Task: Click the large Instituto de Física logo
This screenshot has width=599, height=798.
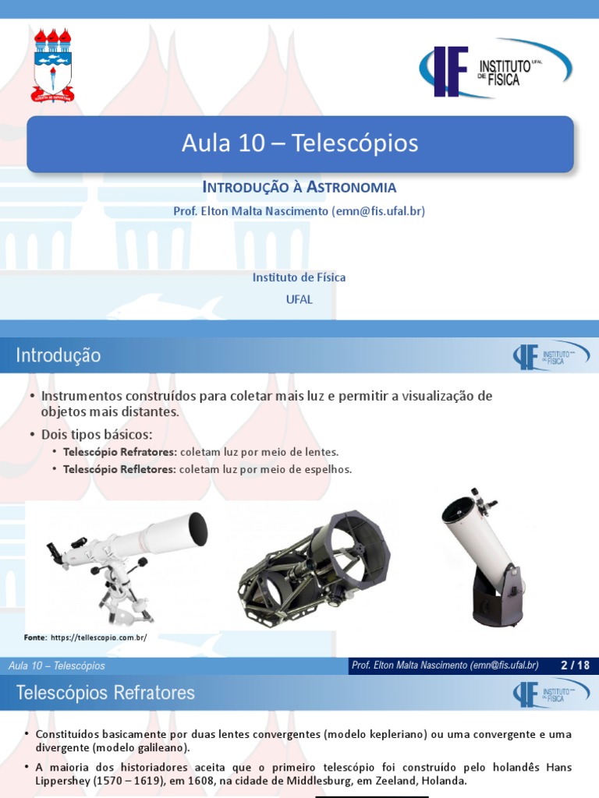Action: [495, 69]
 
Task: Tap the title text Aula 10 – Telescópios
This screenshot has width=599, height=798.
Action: [300, 143]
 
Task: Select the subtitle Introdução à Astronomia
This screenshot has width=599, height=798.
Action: [299, 187]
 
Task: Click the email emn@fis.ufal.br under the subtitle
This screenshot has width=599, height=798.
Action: [379, 210]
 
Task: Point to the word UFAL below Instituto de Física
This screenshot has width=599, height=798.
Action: [299, 299]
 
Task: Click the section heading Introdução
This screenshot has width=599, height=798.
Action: [58, 355]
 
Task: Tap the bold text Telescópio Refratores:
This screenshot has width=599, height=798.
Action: [119, 452]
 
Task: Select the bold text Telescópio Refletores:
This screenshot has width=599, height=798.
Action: [119, 469]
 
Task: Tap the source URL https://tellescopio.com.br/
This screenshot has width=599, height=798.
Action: [98, 637]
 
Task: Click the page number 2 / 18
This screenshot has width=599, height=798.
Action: [575, 665]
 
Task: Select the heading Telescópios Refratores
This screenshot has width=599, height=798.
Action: [105, 692]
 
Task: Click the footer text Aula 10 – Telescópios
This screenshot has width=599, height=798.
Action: [56, 666]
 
